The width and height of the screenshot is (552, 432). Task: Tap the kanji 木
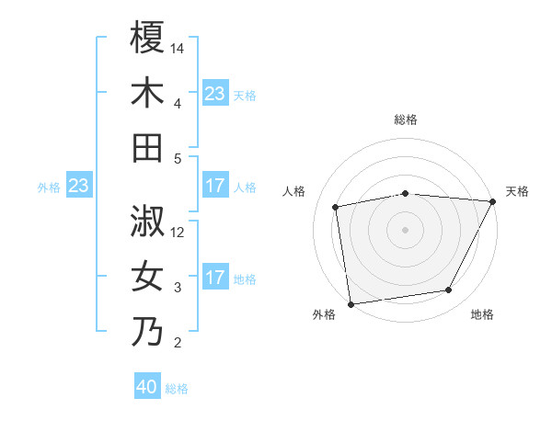pos(147,93)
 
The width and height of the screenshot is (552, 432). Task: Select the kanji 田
pos(147,148)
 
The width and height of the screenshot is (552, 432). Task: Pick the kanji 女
pos(147,277)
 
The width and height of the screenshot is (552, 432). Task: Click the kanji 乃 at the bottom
pos(147,332)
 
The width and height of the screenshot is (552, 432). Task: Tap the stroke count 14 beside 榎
pos(178,49)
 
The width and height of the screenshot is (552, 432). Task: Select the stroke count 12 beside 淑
pos(178,233)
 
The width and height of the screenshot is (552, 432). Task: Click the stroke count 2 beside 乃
pos(178,344)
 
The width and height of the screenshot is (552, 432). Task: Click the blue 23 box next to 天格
pos(215,94)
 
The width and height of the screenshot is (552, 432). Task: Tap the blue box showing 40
pos(147,388)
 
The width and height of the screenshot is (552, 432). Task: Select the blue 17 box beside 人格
pos(215,187)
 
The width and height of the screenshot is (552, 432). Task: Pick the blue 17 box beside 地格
pos(215,279)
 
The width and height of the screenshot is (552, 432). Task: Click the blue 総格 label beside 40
pos(177,389)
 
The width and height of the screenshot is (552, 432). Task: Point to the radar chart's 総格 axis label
pos(406,119)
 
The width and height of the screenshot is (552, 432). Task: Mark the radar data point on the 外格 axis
pos(351,303)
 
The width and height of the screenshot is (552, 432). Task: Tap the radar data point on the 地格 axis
pos(449,290)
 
